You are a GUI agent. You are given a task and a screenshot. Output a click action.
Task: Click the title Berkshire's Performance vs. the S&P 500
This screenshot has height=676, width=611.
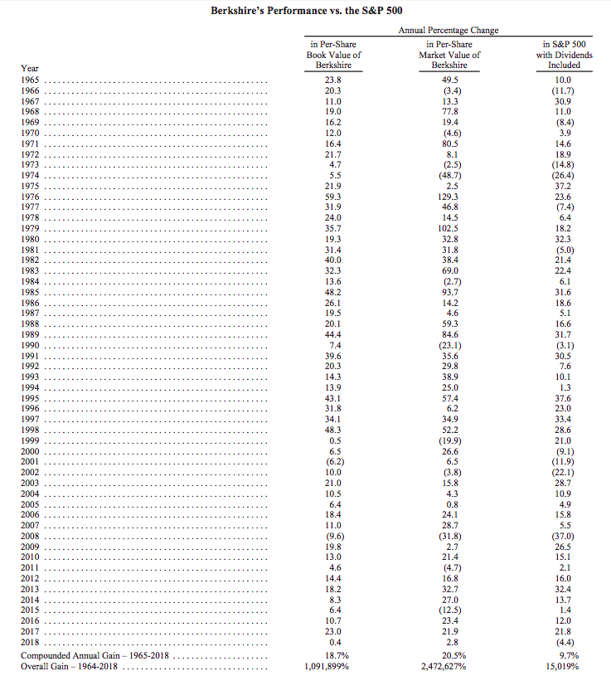point(305,12)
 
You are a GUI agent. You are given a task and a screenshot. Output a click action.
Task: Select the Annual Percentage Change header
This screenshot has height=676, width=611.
point(449,30)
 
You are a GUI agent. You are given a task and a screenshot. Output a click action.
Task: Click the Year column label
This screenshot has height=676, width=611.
point(30,68)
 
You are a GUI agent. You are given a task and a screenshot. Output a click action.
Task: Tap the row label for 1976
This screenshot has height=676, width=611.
point(31,197)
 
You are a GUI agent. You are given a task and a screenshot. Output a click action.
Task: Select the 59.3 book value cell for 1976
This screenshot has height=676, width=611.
point(333,197)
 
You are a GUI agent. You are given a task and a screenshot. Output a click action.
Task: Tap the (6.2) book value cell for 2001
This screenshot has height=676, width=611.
point(333,460)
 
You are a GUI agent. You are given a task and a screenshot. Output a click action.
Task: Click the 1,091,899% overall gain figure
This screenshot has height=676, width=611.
point(333,664)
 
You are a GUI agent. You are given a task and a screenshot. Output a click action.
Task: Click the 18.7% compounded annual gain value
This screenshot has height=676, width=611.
point(333,654)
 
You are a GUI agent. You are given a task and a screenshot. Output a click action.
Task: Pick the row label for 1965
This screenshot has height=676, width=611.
point(31,80)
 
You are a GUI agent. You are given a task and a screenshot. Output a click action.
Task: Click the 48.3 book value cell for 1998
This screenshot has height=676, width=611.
point(333,429)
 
